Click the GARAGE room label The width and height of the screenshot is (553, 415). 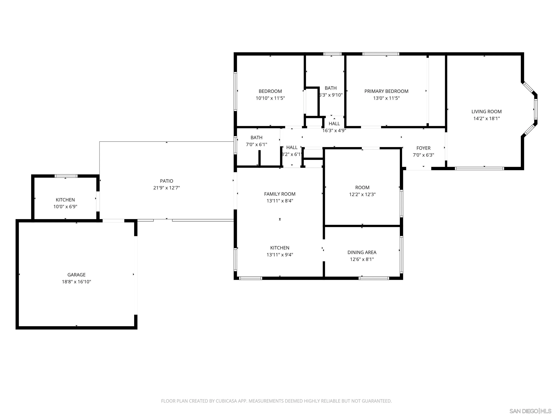pos(76,275)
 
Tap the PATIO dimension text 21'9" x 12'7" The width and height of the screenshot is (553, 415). pos(167,188)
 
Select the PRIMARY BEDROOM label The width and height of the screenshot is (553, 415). pos(386,91)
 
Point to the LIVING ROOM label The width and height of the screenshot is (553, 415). pos(486,111)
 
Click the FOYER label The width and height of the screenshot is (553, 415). pos(423,148)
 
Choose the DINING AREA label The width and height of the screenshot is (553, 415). pos(362,252)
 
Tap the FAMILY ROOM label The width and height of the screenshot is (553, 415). pos(280,194)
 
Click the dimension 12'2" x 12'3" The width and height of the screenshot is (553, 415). pos(362,194)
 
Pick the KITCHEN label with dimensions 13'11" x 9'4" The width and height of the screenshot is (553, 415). pos(280,248)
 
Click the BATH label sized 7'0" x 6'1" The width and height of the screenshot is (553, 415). pos(256,138)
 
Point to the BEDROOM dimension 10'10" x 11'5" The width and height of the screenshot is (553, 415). pos(270,98)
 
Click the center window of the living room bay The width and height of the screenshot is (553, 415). pos(536,109)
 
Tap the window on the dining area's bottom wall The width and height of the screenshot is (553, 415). pos(374,278)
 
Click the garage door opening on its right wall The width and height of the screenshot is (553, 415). pos(136,275)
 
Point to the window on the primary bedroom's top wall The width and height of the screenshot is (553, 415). pos(381,54)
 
